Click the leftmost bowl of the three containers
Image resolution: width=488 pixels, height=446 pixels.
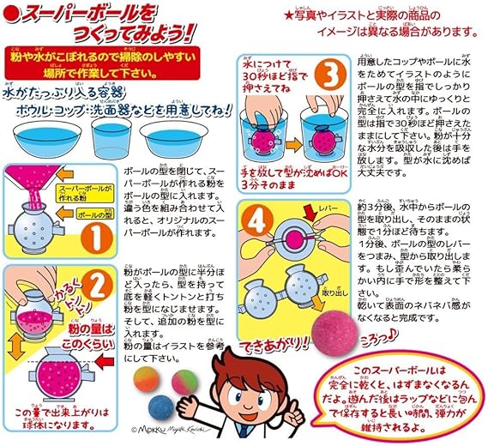[41, 137]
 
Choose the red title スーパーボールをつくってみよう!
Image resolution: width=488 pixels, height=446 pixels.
[111, 27]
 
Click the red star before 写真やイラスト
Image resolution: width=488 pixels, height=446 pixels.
[289, 15]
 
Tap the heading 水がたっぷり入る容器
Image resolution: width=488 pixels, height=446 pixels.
[51, 88]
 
